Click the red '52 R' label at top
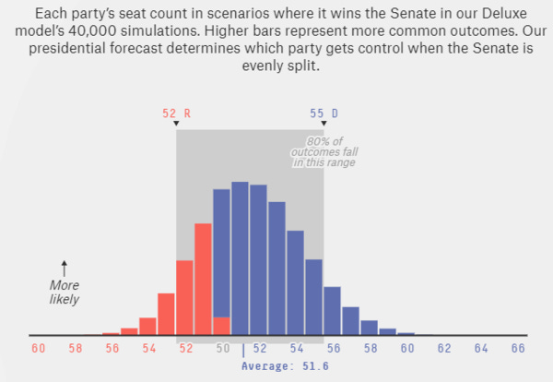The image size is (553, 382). [x=175, y=113]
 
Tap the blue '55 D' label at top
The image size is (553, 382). [x=323, y=113]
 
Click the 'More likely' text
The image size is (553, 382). [x=64, y=292]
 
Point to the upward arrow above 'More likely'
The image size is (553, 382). [x=64, y=269]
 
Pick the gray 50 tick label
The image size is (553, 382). [x=222, y=349]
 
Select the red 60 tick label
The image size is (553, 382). [x=38, y=349]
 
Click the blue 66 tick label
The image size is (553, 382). [x=517, y=349]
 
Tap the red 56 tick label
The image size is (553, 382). [x=112, y=349]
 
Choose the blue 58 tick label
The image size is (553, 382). [x=370, y=349]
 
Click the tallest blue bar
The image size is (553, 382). [x=240, y=258]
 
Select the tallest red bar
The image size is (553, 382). [x=203, y=277]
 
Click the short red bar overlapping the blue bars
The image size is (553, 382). [x=221, y=326]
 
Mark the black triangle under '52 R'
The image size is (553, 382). [x=175, y=124]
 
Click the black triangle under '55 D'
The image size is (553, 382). [x=323, y=124]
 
